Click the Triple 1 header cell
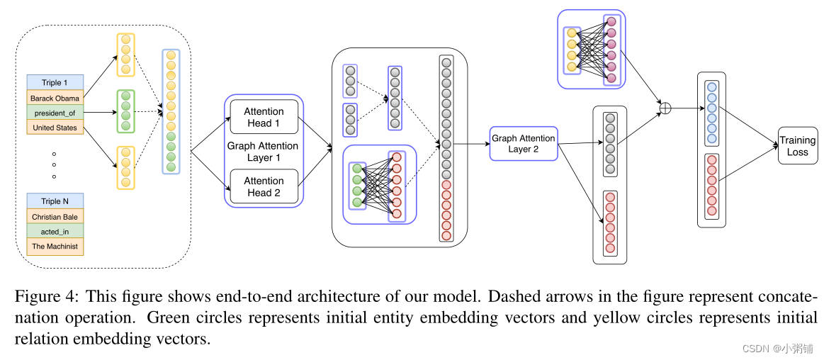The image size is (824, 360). tap(55, 82)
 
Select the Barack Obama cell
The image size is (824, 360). tap(55, 98)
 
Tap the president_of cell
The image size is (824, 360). tap(55, 113)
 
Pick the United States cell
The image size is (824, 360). tap(55, 128)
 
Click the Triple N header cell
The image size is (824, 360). tap(55, 201)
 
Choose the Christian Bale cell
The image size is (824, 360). tap(55, 216)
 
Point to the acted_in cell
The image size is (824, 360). tap(55, 231)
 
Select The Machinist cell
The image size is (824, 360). tap(55, 246)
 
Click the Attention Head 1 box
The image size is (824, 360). tap(264, 117)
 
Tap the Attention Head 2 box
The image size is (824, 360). tap(264, 186)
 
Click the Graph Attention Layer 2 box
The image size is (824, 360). tap(523, 143)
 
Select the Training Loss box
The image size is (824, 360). tap(797, 146)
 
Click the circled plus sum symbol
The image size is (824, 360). tap(665, 108)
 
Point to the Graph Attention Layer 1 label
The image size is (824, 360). tap(263, 152)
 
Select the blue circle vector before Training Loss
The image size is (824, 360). tap(711, 112)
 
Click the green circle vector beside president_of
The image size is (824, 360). tap(125, 111)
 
